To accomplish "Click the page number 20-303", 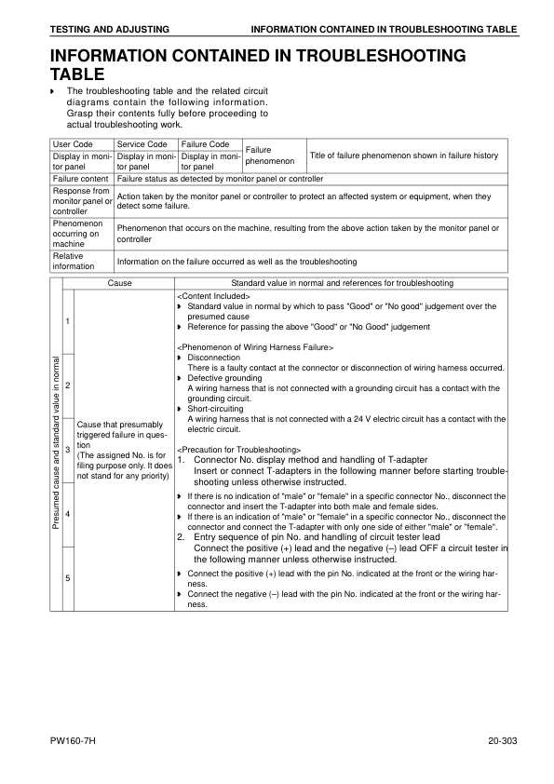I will pos(502,742).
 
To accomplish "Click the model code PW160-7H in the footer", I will pos(74,742).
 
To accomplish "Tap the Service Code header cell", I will pos(142,144).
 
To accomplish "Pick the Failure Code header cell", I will pos(206,144).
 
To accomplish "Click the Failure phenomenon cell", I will pos(270,155).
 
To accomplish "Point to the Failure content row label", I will pos(81,178).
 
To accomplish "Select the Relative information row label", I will pos(74,261).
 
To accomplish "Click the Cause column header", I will pos(120,282).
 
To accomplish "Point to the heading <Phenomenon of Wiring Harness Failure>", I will pos(254,347).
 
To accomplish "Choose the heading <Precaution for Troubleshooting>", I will pos(236,450).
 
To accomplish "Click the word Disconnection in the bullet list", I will pos(213,358).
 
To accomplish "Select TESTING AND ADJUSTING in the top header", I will pos(99,30).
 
